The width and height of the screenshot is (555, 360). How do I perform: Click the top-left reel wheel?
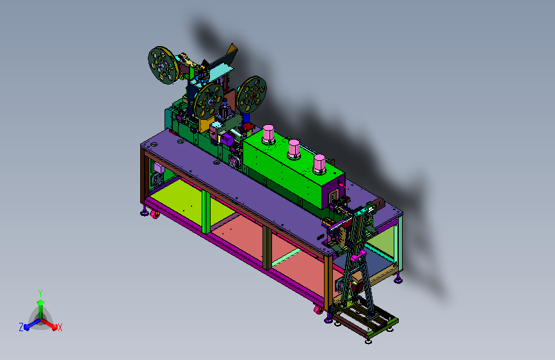[163, 65]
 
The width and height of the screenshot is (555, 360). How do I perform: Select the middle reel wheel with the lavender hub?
[209, 101]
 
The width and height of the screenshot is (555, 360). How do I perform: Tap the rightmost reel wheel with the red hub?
[252, 95]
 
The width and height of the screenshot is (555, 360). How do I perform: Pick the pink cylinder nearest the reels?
[268, 135]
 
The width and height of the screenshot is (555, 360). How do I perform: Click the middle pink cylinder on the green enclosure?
[294, 149]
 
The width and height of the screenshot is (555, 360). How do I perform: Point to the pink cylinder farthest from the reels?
[319, 164]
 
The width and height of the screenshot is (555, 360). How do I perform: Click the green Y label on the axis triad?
[40, 293]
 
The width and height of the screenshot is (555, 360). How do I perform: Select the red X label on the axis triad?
[60, 328]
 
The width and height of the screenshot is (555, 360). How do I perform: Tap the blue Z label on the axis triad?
[21, 327]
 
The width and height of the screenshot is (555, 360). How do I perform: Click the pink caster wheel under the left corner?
[155, 214]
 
